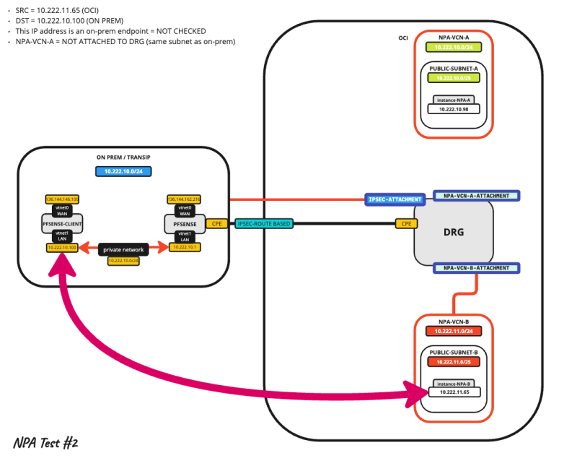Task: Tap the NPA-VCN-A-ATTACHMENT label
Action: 476,195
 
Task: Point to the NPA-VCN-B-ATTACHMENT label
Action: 476,267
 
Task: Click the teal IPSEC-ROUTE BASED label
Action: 264,224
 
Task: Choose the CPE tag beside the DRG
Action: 406,224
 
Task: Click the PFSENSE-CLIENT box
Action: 61,225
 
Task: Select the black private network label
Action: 124,249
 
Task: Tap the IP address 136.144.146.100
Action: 61,199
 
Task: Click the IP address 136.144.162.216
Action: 183,199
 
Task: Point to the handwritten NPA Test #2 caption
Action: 45,442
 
